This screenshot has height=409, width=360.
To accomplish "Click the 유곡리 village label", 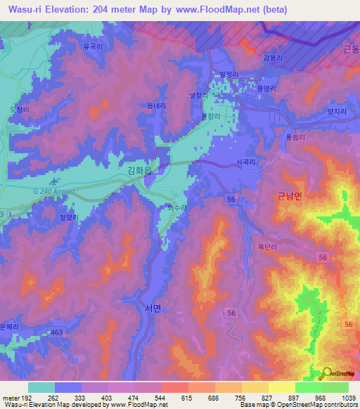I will (93, 47).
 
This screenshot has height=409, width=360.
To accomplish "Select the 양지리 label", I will (318, 110).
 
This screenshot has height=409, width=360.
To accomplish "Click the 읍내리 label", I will (157, 105).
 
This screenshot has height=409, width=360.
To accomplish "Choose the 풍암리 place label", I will (295, 138).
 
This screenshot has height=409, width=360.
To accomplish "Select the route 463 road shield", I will (56, 331).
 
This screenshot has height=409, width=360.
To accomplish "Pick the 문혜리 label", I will (9, 327).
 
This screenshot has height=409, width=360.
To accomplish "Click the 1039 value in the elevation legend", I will (349, 398).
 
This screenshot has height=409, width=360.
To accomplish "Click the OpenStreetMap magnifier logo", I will (327, 374).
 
